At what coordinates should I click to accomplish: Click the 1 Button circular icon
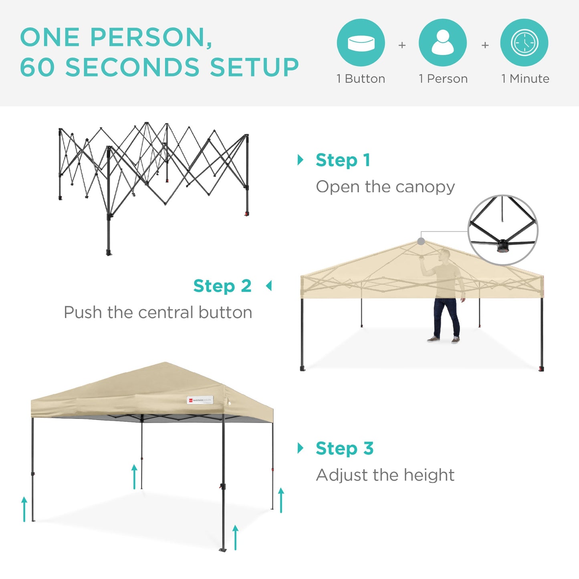(361, 42)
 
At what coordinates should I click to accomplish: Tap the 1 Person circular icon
(442, 42)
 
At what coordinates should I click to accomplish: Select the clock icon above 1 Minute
(524, 42)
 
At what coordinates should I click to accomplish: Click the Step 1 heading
(343, 160)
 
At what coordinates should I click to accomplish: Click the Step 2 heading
(222, 286)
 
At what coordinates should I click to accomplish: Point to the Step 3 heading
(345, 448)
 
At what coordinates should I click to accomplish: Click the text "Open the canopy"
(385, 187)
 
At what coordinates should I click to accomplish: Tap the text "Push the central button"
(158, 313)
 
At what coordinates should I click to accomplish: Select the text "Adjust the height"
(385, 475)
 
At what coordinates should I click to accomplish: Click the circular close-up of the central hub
(503, 230)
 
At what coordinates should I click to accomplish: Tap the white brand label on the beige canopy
(200, 400)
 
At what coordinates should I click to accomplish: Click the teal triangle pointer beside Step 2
(269, 286)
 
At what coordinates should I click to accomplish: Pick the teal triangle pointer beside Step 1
(301, 160)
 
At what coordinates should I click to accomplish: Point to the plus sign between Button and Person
(402, 45)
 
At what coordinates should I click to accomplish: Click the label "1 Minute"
(525, 79)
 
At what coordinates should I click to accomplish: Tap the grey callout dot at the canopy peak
(421, 241)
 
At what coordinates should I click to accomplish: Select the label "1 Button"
(361, 79)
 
